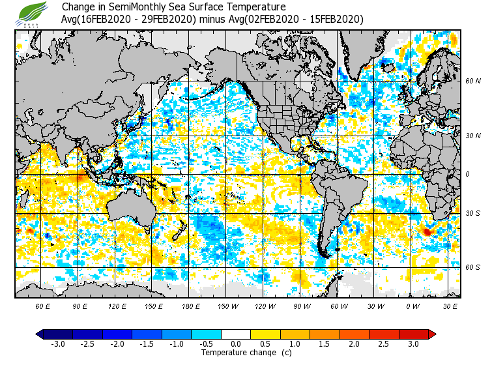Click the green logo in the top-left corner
tap(33, 13)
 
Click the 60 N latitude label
tap(472, 81)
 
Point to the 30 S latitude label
tap(472, 214)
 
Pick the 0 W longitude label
tap(412, 306)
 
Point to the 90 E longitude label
tap(80, 306)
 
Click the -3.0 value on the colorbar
tap(57, 343)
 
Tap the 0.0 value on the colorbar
tap(236, 343)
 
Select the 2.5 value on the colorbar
tap(384, 343)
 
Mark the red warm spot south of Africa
tap(427, 231)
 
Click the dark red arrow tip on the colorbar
tap(432, 334)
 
